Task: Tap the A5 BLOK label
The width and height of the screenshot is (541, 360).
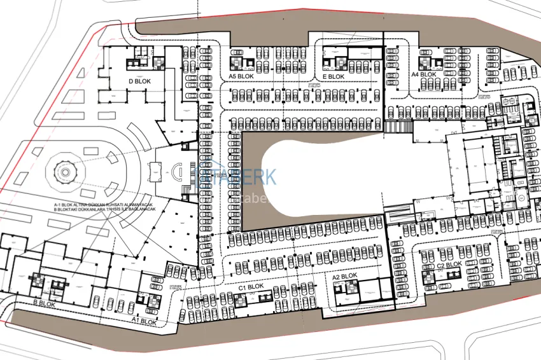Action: pos(242,76)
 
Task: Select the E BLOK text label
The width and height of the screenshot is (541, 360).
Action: pos(333,76)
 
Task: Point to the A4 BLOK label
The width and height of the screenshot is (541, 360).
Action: pos(424,74)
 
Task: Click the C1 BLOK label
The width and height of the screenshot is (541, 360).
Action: pos(251,287)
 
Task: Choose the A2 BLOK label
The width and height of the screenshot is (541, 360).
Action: pos(344,277)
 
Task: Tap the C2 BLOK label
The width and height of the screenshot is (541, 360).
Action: pos(449,265)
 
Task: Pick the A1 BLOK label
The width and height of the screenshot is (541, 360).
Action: pos(144,322)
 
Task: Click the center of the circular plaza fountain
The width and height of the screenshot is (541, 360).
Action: pos(64,170)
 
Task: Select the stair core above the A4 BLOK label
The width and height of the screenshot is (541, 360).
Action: pos(425,62)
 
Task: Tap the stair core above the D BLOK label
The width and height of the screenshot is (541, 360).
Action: pos(136,63)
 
